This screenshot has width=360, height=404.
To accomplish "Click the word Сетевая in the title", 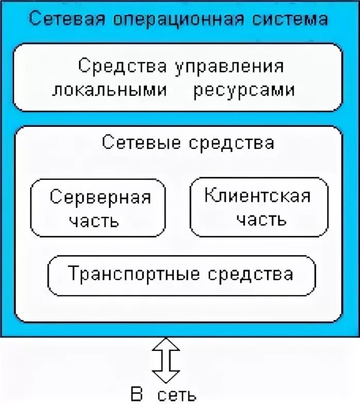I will pyautogui.click(x=63, y=19).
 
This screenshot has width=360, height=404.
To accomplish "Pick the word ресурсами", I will pyautogui.click(x=244, y=90).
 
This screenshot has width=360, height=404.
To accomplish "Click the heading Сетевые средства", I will pyautogui.click(x=188, y=142).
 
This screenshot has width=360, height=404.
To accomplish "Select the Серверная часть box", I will pyautogui.click(x=99, y=208).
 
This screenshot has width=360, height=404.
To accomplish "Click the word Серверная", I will pyautogui.click(x=100, y=197).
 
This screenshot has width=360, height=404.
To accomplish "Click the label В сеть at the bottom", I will pyautogui.click(x=163, y=395).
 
